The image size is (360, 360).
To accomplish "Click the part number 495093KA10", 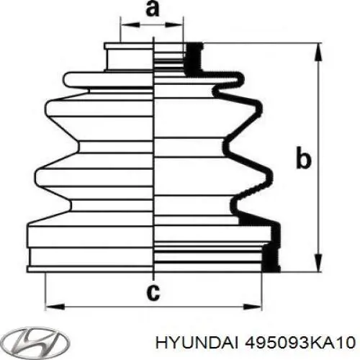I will point(299,341).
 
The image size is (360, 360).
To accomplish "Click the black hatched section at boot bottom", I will point(270,256).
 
